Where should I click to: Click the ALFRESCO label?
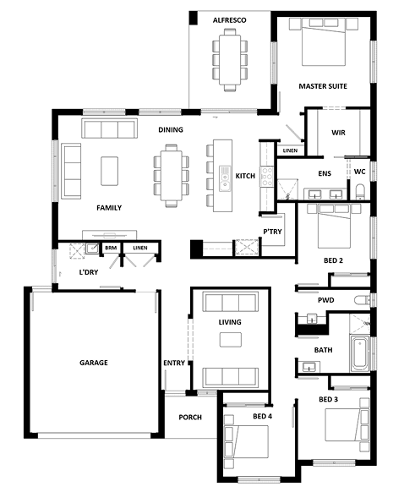tap(229, 20)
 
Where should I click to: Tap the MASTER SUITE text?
tap(323, 86)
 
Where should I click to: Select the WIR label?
tap(338, 133)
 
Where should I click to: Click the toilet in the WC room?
tap(360, 192)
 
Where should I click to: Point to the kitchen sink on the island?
tap(224, 178)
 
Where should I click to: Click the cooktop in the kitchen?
tap(267, 177)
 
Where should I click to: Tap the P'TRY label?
tap(272, 232)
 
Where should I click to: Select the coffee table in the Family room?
tap(110, 171)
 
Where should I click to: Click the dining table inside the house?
tap(172, 175)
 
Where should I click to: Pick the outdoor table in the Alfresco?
tap(230, 60)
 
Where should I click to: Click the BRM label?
tap(111, 248)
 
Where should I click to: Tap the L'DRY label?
tap(89, 272)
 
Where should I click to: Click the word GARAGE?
tap(94, 363)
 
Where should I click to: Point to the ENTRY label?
tap(174, 363)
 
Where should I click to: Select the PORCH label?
tap(190, 418)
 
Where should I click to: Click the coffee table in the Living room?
tap(231, 340)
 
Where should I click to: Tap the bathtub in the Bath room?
tap(360, 353)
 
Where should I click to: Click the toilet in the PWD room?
tap(363, 300)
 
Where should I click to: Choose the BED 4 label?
tap(263, 417)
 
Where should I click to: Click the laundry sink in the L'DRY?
tap(92, 249)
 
